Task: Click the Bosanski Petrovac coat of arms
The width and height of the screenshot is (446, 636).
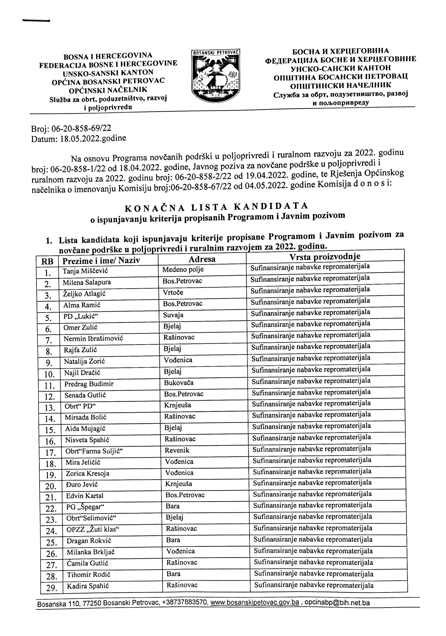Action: click(215, 76)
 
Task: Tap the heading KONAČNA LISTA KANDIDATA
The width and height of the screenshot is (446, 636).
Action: click(217, 207)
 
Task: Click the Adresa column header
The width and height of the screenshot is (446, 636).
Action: click(202, 259)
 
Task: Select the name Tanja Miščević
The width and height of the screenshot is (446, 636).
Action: click(81, 271)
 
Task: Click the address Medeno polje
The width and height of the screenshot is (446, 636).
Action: click(183, 269)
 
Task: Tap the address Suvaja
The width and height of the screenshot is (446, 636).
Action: click(173, 315)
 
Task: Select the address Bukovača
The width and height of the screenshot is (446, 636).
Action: click(179, 383)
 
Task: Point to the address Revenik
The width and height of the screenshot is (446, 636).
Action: click(177, 450)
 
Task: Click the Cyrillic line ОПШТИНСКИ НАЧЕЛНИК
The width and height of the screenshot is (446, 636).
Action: click(341, 85)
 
